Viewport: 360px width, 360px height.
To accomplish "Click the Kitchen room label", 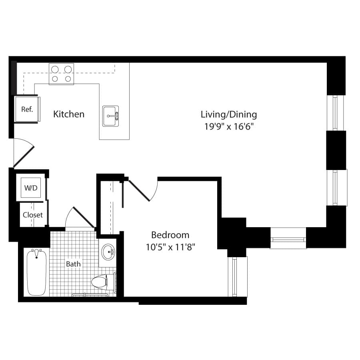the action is (69, 114).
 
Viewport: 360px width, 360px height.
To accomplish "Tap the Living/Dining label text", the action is (229, 114).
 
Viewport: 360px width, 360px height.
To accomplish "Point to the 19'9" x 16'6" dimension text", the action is (229, 126).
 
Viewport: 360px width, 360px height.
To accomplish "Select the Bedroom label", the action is (170, 235).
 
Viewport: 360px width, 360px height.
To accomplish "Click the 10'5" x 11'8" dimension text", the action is (170, 247).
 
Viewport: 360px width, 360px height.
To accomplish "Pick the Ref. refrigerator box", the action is (27, 109).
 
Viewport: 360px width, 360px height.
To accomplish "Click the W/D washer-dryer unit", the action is (31, 188).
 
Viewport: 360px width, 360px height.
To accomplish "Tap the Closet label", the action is (33, 215).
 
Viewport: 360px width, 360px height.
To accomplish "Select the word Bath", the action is (73, 264).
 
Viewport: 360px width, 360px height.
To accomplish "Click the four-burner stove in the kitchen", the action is (61, 74).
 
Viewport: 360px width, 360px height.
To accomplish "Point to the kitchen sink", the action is (110, 116).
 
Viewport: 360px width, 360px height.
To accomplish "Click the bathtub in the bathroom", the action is (36, 272).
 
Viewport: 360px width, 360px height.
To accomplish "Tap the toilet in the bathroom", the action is (103, 282).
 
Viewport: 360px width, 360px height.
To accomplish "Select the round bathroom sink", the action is (108, 252).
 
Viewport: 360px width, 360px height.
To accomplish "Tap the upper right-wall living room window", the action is (336, 113).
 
